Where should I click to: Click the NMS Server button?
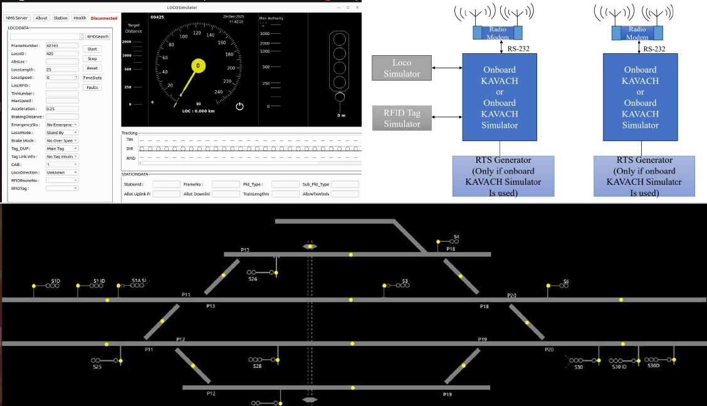[x=17, y=18]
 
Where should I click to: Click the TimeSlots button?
[x=92, y=78]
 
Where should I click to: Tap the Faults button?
[x=92, y=87]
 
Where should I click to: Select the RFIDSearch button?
[x=98, y=36]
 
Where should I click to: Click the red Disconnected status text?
[x=104, y=18]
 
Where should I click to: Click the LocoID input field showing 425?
[x=62, y=54]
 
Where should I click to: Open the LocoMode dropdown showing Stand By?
[x=62, y=133]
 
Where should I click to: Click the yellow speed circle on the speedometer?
[x=198, y=65]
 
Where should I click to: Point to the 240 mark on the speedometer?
[x=218, y=92]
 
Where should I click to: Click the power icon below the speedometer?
[x=239, y=107]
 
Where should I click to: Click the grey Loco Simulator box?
[x=402, y=68]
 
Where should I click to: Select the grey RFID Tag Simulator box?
[x=402, y=118]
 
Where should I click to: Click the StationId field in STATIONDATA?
[x=166, y=184]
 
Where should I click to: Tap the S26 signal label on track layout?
[x=253, y=279]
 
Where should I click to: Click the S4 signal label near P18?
[x=456, y=236]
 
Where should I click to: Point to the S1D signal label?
[x=56, y=281]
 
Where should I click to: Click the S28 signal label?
[x=257, y=365]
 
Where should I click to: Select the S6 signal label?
[x=566, y=281]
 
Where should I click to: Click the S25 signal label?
[x=97, y=367]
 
